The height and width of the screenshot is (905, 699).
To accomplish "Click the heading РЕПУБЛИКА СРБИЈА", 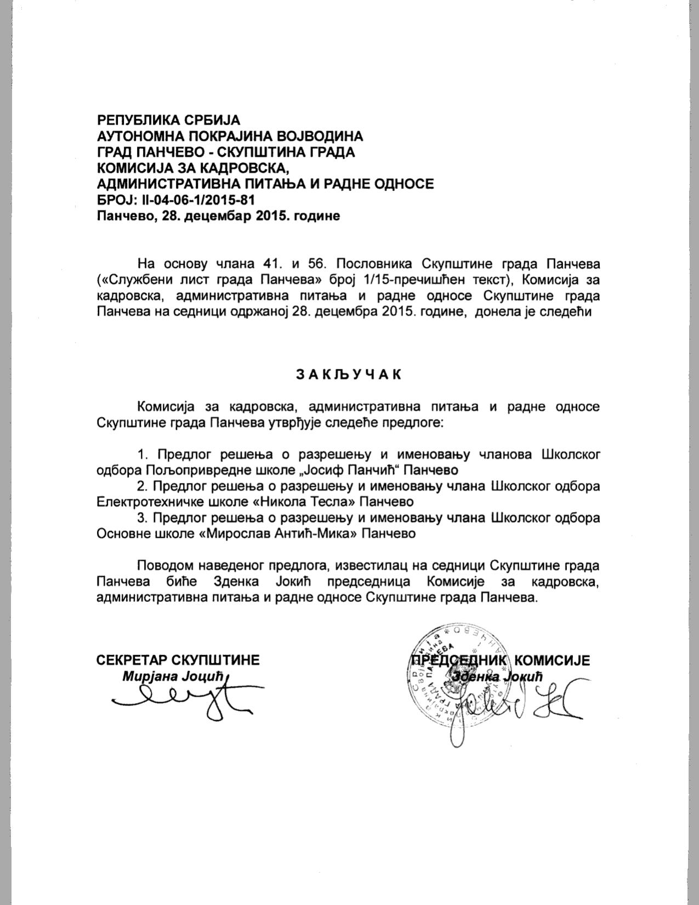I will [169, 120].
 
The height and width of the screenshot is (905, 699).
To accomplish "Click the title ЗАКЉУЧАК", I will [349, 374].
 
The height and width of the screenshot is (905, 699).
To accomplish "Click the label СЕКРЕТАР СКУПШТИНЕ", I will [178, 660].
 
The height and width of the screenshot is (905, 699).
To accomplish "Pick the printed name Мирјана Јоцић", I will [173, 676].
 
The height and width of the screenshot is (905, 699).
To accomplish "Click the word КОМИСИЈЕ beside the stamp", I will [553, 660].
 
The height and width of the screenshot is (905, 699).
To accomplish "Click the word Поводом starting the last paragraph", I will [169, 566].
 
